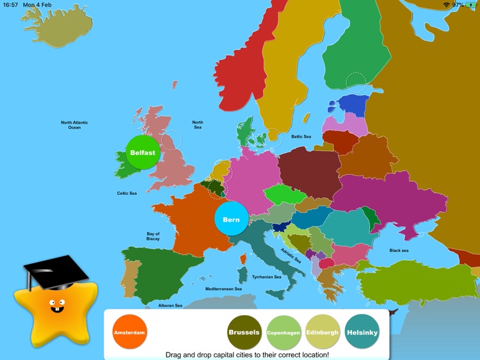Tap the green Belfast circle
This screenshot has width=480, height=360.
[x=143, y=153]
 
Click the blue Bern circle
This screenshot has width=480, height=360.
[x=231, y=220]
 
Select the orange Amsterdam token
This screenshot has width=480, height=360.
[x=130, y=333]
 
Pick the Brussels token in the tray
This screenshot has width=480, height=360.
[x=244, y=332]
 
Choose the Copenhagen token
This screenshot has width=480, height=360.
[x=284, y=333]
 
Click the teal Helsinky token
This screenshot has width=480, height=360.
[x=362, y=333]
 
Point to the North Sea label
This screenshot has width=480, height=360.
[x=198, y=125]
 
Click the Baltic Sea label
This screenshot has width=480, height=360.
[x=301, y=136]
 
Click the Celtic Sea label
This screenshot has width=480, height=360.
[x=127, y=193]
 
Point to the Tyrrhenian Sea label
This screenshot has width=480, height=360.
[x=267, y=277]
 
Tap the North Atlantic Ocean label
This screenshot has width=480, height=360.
[x=75, y=125]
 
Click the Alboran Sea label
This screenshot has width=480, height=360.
[x=170, y=306]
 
